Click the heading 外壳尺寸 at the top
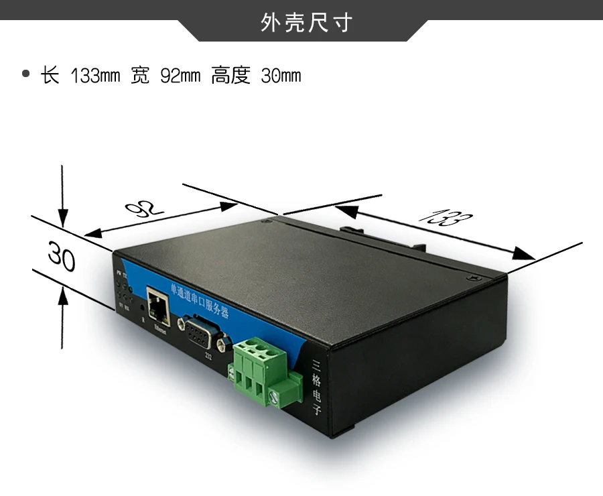(306, 24)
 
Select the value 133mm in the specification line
(95, 76)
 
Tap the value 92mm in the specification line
(180, 76)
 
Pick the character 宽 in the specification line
(140, 75)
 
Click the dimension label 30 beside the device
(61, 258)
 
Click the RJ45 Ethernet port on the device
(158, 306)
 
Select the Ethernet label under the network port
(162, 328)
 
